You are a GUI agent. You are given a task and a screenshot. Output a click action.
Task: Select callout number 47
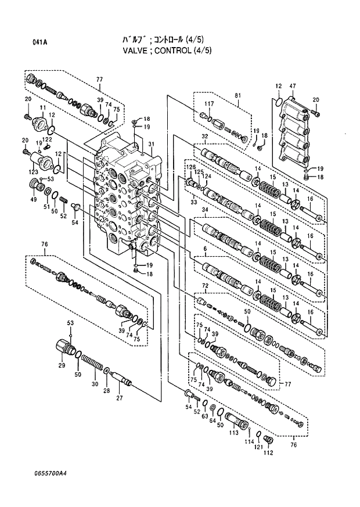tap(293, 86)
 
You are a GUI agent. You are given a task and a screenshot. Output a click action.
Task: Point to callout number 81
tap(237, 95)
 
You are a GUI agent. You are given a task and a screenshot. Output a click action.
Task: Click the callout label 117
tap(210, 105)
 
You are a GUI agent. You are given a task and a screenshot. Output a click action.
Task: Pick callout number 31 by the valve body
tap(150, 145)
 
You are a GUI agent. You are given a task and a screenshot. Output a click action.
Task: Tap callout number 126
tap(190, 167)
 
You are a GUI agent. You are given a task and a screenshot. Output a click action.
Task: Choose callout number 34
tap(204, 210)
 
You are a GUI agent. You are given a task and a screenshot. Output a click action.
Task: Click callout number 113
tap(234, 433)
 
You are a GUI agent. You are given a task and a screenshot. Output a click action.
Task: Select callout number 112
tap(268, 453)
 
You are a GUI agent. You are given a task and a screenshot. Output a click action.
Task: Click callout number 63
tap(204, 416)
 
